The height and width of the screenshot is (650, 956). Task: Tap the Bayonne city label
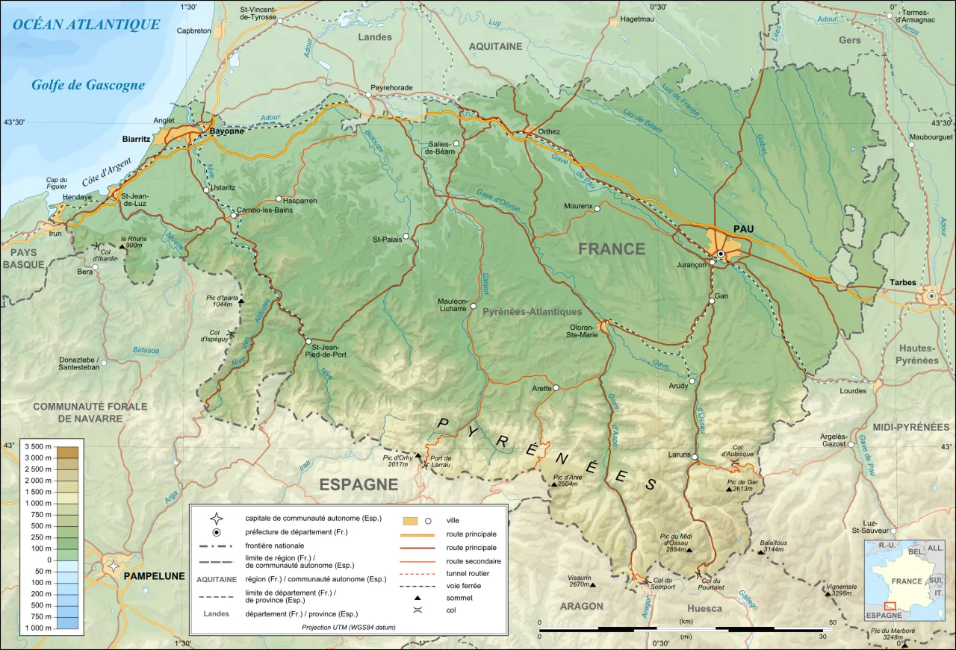coord(226,131)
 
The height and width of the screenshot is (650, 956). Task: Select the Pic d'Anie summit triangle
coord(553,484)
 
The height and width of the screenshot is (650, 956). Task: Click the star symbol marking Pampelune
coord(114,565)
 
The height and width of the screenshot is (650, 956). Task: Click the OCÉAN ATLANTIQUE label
coord(87,25)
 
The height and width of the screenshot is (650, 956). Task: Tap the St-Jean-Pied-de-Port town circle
coord(308,342)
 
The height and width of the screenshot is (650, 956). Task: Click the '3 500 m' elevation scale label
coord(37,446)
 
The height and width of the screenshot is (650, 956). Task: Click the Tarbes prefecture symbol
coord(931,296)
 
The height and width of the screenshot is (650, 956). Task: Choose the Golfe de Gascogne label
coord(87,85)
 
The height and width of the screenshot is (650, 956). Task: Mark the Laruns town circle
coord(695,457)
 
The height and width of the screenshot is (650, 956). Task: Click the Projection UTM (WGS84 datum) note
coord(348,628)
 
